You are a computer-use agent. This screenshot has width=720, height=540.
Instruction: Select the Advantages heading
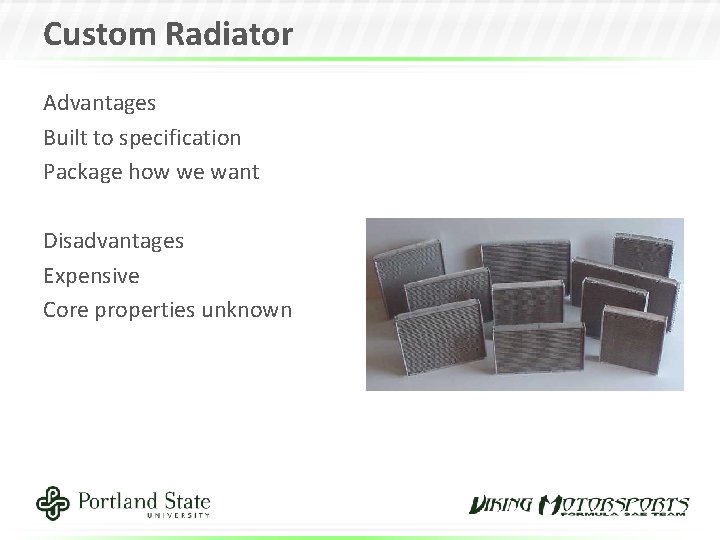99,102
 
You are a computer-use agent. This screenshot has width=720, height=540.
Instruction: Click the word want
236,172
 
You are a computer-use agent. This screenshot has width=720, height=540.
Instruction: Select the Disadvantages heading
113,240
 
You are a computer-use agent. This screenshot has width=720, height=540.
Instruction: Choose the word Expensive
91,275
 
